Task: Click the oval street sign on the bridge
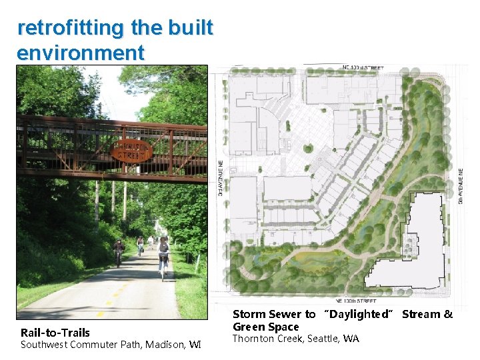coord(133,151)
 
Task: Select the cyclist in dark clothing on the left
coord(119,252)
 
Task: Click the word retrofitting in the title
coord(70,28)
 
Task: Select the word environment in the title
coord(81,53)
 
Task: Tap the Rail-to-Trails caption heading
coord(55,333)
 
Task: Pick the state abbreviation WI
coord(194,345)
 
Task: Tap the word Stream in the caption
coord(421,314)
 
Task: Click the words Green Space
coord(266,327)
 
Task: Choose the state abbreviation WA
coord(351,339)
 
